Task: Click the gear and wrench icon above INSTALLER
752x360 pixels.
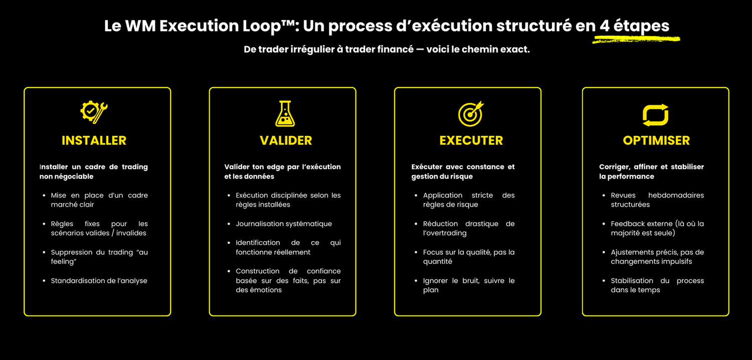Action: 94,112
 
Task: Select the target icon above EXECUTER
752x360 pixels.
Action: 471,114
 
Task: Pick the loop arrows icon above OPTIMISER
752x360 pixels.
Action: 655,115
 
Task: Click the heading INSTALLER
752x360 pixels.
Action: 94,140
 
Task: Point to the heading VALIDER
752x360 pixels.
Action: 286,140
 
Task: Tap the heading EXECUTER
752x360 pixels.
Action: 471,140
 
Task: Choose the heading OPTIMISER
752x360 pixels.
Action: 656,140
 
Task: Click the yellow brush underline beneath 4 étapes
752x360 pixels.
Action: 636,40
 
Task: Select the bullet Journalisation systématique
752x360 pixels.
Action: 284,224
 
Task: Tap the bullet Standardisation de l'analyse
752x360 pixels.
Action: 99,281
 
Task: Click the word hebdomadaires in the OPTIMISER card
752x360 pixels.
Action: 676,195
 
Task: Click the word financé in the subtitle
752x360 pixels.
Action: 396,49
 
